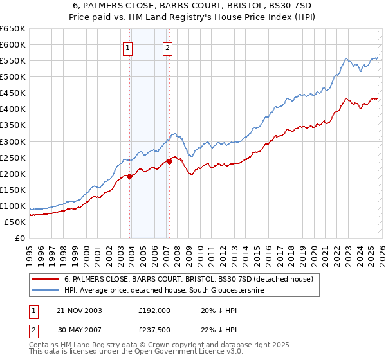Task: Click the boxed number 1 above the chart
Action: [x=127, y=47]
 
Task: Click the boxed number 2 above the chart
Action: [x=167, y=47]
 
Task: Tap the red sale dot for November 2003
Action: [x=130, y=175]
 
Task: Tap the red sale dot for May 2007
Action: [x=169, y=161]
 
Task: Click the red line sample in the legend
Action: [x=46, y=280]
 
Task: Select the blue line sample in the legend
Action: [x=46, y=291]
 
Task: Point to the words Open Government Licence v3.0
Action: [x=169, y=352]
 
